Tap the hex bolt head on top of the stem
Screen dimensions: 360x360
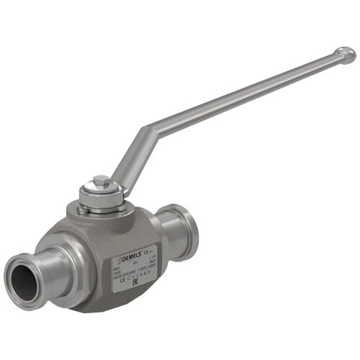coord(100,179)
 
